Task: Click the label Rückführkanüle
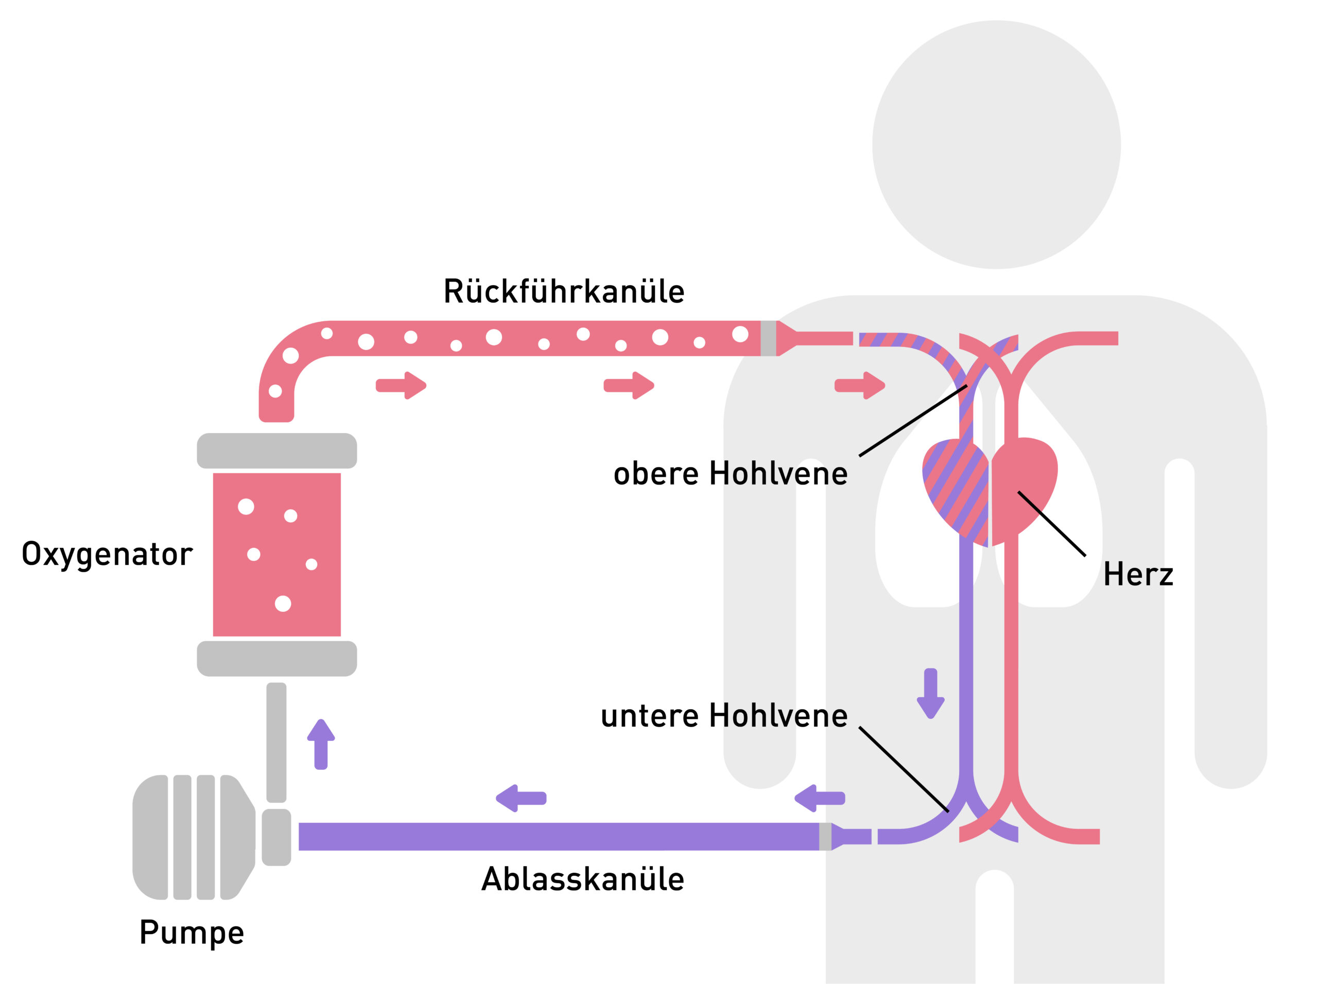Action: point(563,292)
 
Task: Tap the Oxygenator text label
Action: point(107,555)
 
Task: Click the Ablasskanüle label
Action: point(582,879)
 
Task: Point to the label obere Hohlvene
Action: point(730,474)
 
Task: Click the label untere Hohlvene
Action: point(724,715)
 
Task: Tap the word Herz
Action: point(1137,575)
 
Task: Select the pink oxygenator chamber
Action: point(277,555)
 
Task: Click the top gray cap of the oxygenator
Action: point(277,451)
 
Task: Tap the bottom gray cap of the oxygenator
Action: point(277,659)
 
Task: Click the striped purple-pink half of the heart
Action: point(955,489)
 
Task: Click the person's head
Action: point(996,145)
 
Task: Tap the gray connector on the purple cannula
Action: point(825,836)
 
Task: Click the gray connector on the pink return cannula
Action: point(768,338)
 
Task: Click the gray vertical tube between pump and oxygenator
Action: point(276,742)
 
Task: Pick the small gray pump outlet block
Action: point(276,837)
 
